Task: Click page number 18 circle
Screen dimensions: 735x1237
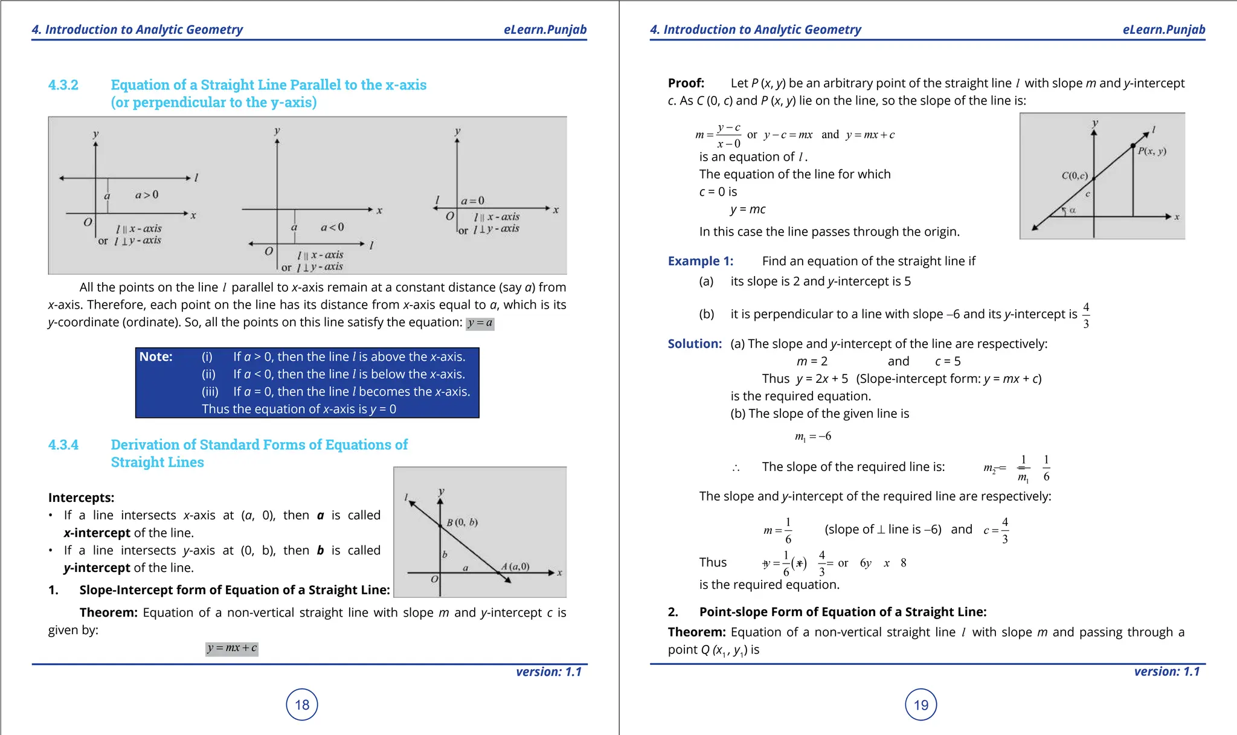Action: pos(301,704)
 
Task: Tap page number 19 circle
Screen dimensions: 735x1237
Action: pos(921,704)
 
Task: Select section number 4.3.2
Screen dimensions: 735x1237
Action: pos(63,85)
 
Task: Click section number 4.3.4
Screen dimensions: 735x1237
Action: pos(63,445)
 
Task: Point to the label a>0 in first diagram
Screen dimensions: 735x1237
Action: pos(147,194)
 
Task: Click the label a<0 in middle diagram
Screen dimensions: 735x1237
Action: pos(332,227)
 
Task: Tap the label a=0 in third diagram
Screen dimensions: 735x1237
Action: pos(472,201)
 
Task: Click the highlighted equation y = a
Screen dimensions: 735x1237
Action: pos(480,323)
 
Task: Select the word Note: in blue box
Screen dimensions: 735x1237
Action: pos(156,356)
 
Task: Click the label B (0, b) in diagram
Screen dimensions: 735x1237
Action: pos(462,522)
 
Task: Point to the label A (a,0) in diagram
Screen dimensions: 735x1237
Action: pos(515,566)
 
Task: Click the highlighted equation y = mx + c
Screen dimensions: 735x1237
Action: pos(232,648)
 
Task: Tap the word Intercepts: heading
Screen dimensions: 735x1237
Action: pos(81,498)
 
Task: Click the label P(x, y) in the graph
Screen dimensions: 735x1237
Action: pos(1152,151)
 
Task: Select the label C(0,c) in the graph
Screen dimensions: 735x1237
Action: pos(1075,176)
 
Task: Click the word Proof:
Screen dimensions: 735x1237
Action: pos(686,83)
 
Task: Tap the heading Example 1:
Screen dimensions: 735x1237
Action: pos(700,261)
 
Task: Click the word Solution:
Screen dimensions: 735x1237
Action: pos(695,344)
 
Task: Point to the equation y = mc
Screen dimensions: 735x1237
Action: pos(748,209)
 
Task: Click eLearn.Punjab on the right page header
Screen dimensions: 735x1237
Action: pos(1163,30)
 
